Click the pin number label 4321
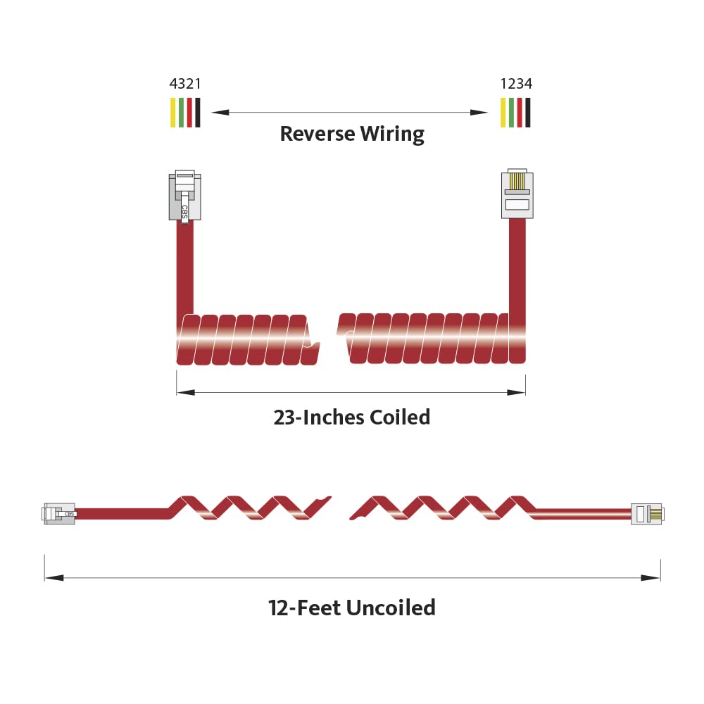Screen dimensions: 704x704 pos(185,84)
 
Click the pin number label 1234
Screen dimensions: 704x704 pos(516,84)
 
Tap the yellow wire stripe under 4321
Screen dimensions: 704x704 pos(173,112)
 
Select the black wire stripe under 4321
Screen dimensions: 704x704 pos(198,112)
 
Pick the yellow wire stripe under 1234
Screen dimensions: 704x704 pos(503,112)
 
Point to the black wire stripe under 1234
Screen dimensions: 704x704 pos(528,112)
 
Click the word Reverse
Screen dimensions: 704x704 pos(318,134)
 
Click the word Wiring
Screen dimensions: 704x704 pos(392,134)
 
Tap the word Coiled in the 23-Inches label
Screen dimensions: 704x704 pos(400,417)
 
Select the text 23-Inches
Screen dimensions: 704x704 pos(319,417)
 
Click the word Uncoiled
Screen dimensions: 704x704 pos(391,608)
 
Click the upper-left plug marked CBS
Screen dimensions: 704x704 pos(185,196)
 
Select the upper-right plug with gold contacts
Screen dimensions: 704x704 pos(517,194)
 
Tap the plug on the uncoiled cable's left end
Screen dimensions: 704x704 pos(59,514)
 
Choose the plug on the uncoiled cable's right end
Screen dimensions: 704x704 pos(648,514)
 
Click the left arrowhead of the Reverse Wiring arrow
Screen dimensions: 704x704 pos(220,112)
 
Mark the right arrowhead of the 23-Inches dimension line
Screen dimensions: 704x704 pos(516,392)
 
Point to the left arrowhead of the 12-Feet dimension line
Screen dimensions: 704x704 pos(54,577)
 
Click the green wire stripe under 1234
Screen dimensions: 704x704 pos(511,112)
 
